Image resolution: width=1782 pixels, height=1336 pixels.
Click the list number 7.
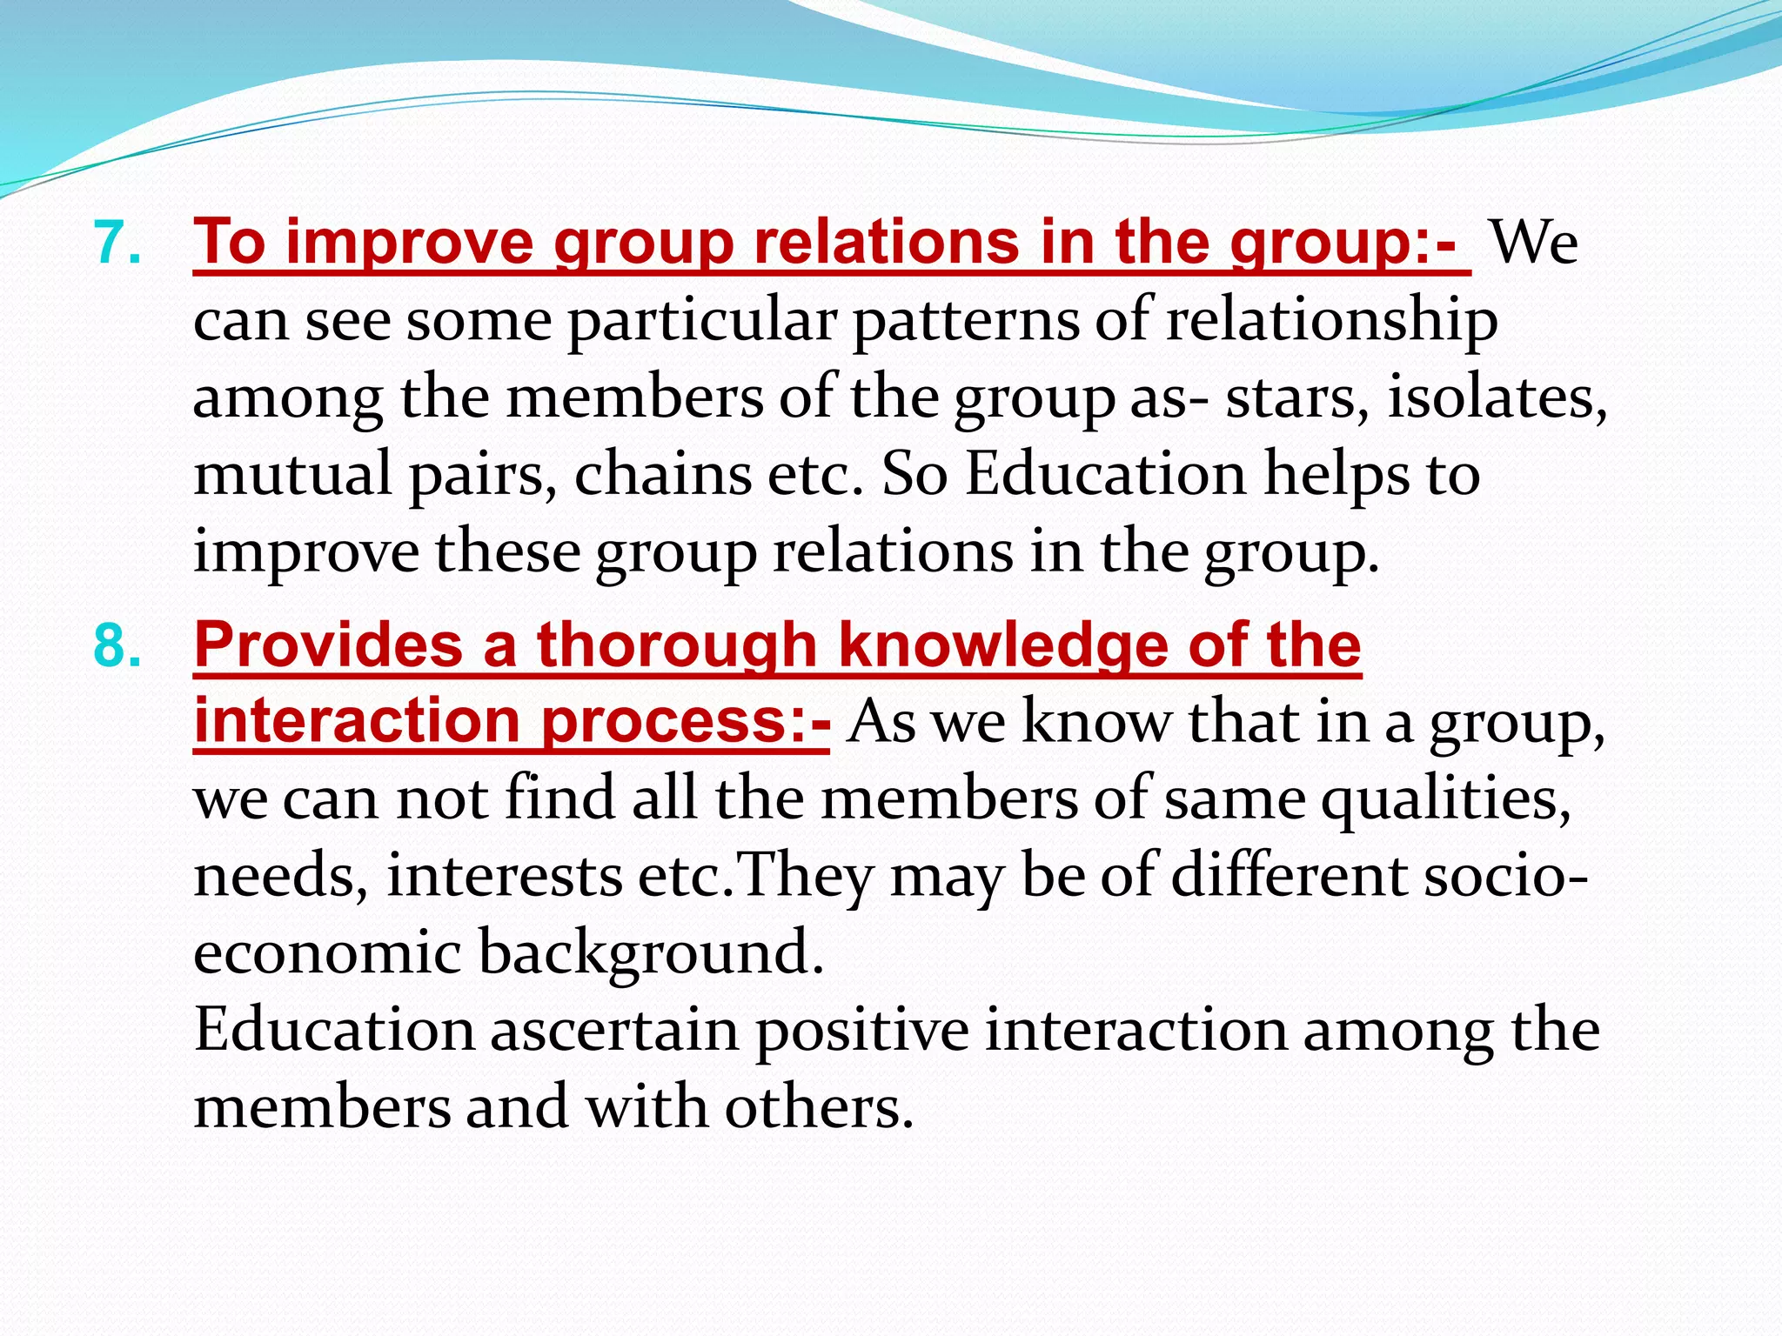(117, 244)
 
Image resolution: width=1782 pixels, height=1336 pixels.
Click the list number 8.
(117, 647)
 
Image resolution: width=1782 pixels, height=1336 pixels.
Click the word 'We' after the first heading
(1533, 244)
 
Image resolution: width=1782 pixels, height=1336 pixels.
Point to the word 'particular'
(702, 322)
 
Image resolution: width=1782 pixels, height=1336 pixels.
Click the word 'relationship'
(1331, 322)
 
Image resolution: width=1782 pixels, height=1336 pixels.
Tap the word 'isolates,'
(1497, 398)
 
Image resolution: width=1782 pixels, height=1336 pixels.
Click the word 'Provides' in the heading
(329, 645)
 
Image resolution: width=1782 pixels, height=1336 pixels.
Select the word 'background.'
(651, 953)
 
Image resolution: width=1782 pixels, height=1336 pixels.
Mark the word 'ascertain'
(614, 1030)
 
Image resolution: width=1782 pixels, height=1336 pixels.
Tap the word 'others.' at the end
(819, 1106)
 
